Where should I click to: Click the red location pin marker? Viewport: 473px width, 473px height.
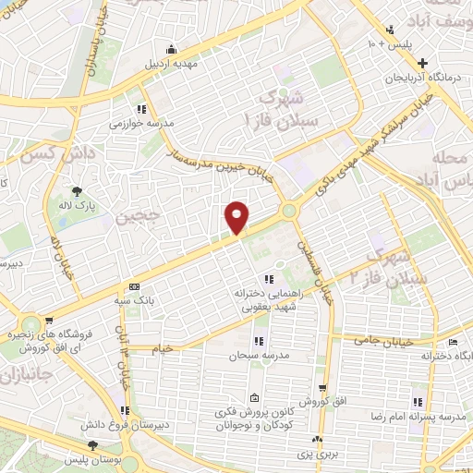click(x=237, y=218)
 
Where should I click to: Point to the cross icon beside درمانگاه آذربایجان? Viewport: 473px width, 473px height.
click(x=423, y=63)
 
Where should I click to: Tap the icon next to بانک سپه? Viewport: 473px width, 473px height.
click(x=135, y=286)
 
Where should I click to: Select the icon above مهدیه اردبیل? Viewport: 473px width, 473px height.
click(x=169, y=50)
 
